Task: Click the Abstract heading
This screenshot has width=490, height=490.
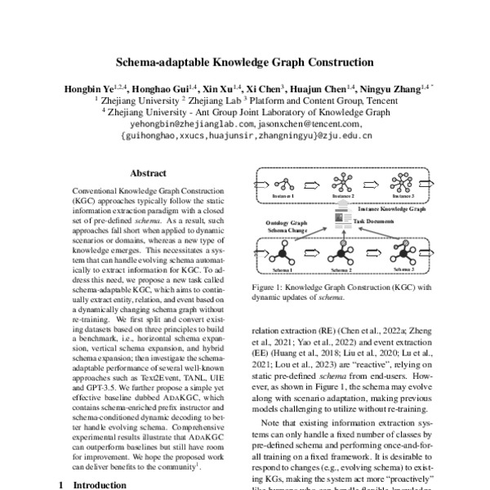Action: click(149, 173)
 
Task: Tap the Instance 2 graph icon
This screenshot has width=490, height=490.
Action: click(342, 182)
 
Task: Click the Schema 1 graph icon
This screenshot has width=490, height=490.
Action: click(283, 252)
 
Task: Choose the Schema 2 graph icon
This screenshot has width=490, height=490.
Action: click(342, 252)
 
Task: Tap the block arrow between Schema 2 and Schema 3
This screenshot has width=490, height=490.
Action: click(374, 254)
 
